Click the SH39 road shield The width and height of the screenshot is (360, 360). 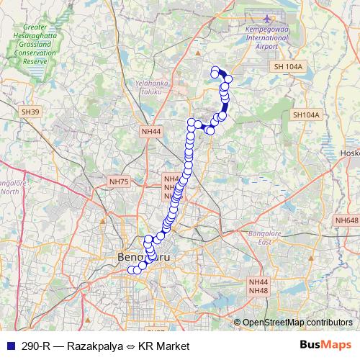click(x=30, y=112)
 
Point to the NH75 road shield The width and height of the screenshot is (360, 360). click(x=118, y=182)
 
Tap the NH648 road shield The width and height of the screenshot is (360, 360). click(x=346, y=220)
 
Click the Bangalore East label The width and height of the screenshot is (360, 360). click(x=266, y=238)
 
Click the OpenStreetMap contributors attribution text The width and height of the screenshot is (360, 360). click(x=297, y=323)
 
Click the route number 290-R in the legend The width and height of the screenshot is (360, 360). click(x=35, y=346)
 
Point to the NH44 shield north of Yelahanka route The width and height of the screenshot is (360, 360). click(x=151, y=132)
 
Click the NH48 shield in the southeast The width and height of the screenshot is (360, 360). click(x=258, y=290)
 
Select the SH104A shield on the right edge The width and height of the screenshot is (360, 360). click(x=306, y=114)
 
